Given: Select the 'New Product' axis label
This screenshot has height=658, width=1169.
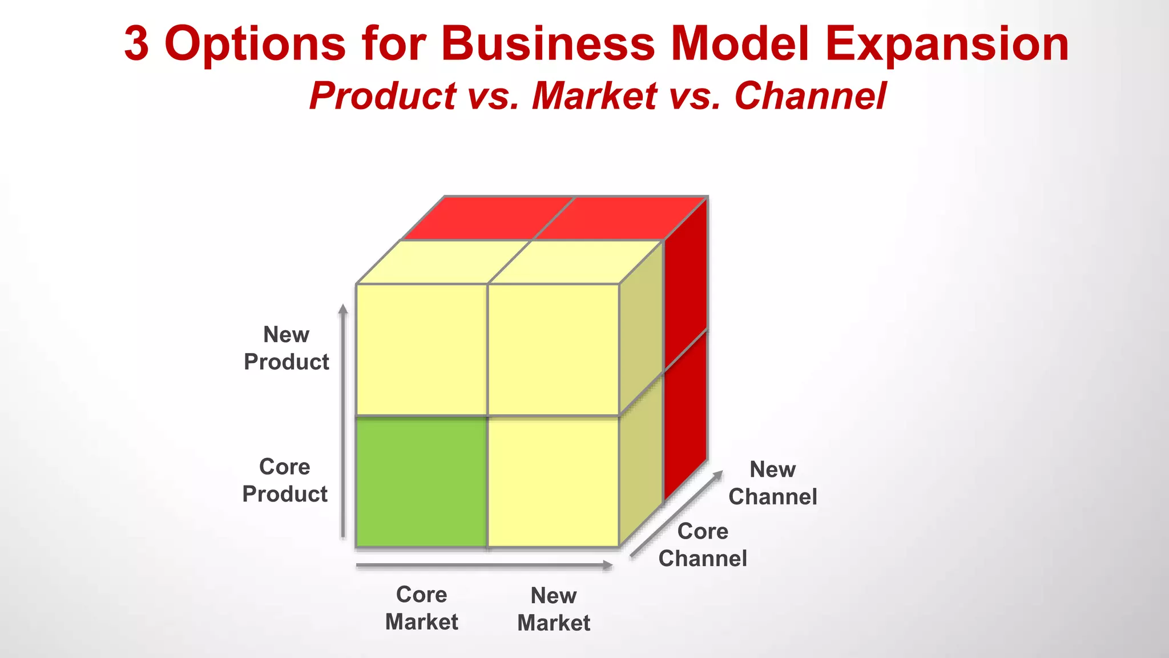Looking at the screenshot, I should tap(287, 348).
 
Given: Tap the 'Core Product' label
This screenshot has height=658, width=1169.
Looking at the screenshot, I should tap(285, 480).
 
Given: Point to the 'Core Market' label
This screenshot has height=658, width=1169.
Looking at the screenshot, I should tap(422, 608).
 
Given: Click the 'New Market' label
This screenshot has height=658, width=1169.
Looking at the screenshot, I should tap(554, 609).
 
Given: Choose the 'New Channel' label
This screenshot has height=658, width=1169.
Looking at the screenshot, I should tap(772, 483).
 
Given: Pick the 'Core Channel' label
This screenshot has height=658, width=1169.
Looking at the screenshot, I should tap(703, 544).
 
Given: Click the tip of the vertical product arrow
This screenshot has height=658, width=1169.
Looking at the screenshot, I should tap(343, 308).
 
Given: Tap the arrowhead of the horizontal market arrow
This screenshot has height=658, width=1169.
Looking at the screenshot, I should tap(608, 565).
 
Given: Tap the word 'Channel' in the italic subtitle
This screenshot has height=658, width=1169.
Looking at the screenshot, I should tap(811, 95).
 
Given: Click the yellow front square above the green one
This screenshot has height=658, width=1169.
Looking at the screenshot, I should tap(421, 350).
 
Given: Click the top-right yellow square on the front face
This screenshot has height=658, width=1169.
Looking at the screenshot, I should tap(554, 350).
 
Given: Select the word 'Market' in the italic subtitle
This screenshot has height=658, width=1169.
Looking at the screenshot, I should tap(595, 95).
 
